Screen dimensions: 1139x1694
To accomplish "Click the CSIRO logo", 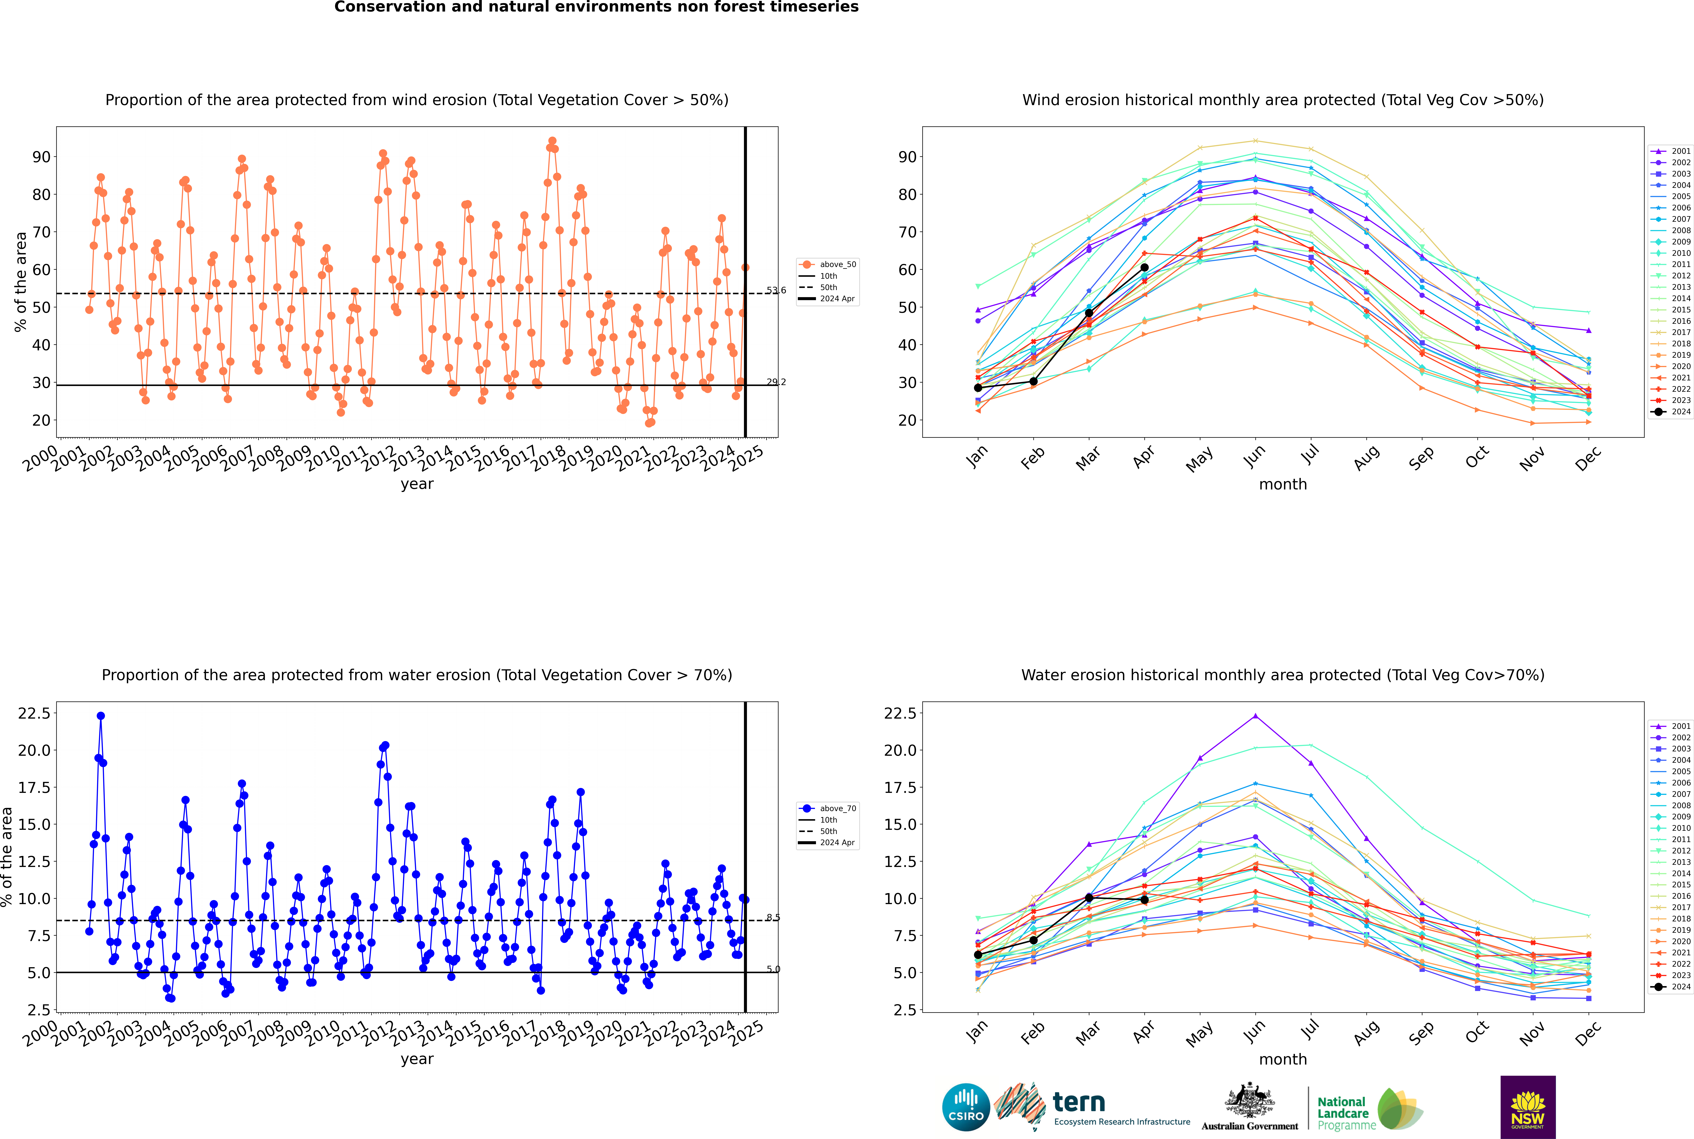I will pyautogui.click(x=966, y=1107).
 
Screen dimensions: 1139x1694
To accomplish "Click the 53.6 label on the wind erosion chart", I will pyautogui.click(x=775, y=291).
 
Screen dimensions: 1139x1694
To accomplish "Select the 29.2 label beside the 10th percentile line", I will pyautogui.click(x=775, y=382).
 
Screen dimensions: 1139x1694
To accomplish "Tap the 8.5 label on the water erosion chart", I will pyautogui.click(x=773, y=917).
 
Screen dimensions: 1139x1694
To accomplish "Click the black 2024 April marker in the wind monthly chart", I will pyautogui.click(x=1144, y=267).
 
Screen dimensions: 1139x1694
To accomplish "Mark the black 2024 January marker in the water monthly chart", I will pyautogui.click(x=978, y=955).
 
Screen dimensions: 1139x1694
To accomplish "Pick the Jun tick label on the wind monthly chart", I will pyautogui.click(x=1254, y=456).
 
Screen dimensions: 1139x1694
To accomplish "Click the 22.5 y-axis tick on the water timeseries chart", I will pyautogui.click(x=34, y=713).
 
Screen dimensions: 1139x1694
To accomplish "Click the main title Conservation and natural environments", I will pyautogui.click(x=596, y=7).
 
